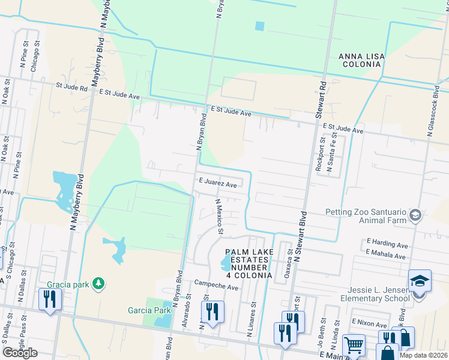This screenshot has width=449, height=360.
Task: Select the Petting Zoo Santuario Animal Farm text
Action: [366, 215]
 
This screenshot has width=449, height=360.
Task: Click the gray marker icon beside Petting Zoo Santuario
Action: [414, 215]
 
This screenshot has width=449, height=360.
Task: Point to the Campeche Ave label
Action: [215, 287]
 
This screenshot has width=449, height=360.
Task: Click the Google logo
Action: [20, 353]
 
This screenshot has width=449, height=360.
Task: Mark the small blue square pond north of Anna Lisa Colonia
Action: [259, 26]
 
